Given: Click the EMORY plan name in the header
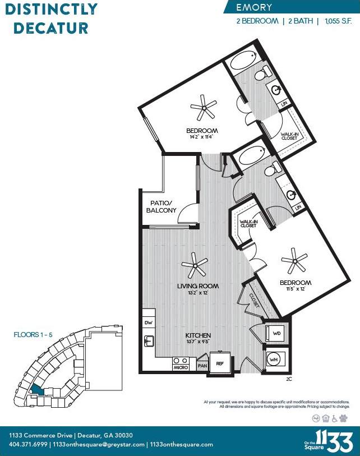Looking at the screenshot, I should coord(254,7).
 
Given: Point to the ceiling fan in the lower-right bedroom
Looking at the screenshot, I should coord(294,261).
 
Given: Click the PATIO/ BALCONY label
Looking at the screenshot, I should coord(161,206).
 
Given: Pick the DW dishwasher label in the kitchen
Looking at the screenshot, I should coord(149,323).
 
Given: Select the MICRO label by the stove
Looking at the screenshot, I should coord(181,367).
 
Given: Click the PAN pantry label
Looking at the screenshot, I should coord(202,366).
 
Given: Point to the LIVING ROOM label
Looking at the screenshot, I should coord(198,286).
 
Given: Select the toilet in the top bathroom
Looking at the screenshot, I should coord(263,73).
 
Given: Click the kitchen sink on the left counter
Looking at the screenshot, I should coord(149,340).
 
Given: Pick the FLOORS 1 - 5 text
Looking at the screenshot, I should coord(33,335).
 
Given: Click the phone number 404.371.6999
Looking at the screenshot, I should coord(28,444).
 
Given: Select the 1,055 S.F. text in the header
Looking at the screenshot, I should coord(338,21).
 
